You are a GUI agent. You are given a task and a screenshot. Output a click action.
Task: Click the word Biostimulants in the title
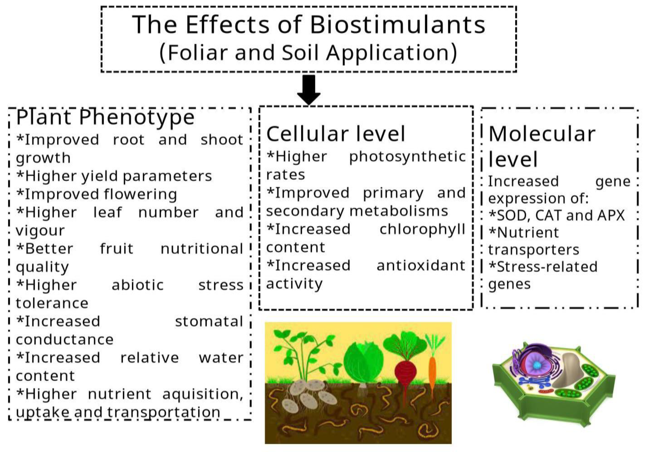[x=397, y=25]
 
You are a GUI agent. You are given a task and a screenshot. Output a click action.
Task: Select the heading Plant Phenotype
[x=105, y=117]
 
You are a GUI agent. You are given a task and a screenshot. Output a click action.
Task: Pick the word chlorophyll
[x=422, y=229]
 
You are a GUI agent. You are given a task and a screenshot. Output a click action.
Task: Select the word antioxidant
[x=421, y=265]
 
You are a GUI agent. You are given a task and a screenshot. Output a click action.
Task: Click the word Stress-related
[x=543, y=267]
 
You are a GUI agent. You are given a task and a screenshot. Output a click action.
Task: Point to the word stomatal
[x=209, y=321]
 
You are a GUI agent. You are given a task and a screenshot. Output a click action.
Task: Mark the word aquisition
[x=202, y=394]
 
